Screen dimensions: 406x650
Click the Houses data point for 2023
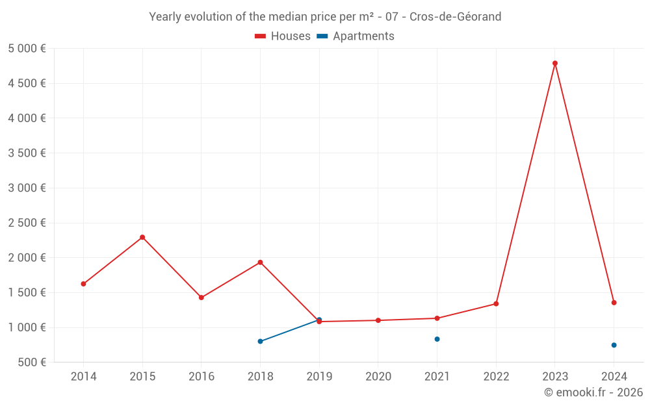pyautogui.click(x=555, y=63)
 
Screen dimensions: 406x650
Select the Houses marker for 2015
pyautogui.click(x=142, y=237)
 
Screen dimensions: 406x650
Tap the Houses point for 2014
pyautogui.click(x=83, y=284)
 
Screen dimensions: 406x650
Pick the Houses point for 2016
pyautogui.click(x=201, y=298)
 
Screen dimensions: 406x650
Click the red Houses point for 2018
pyautogui.click(x=260, y=262)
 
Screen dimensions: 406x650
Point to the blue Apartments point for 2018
pyautogui.click(x=260, y=341)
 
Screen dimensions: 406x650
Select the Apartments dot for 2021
pyautogui.click(x=437, y=339)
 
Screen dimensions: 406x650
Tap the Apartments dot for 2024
pyautogui.click(x=614, y=345)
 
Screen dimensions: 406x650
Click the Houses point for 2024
pyautogui.click(x=614, y=303)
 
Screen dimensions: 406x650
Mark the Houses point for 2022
pyautogui.click(x=496, y=304)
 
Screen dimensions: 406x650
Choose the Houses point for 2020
pyautogui.click(x=378, y=320)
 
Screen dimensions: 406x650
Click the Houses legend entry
pyautogui.click(x=283, y=36)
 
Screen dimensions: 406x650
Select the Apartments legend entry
pyautogui.click(x=356, y=36)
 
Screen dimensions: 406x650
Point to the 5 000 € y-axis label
pyautogui.click(x=27, y=49)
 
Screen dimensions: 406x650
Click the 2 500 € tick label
pyautogui.click(x=27, y=223)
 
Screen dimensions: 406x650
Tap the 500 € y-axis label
pyautogui.click(x=32, y=362)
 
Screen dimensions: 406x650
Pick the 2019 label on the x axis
pyautogui.click(x=319, y=377)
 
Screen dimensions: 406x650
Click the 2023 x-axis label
pyautogui.click(x=555, y=377)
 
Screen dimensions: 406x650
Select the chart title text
pyautogui.click(x=325, y=17)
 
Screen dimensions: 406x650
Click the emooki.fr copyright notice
pyautogui.click(x=593, y=392)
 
